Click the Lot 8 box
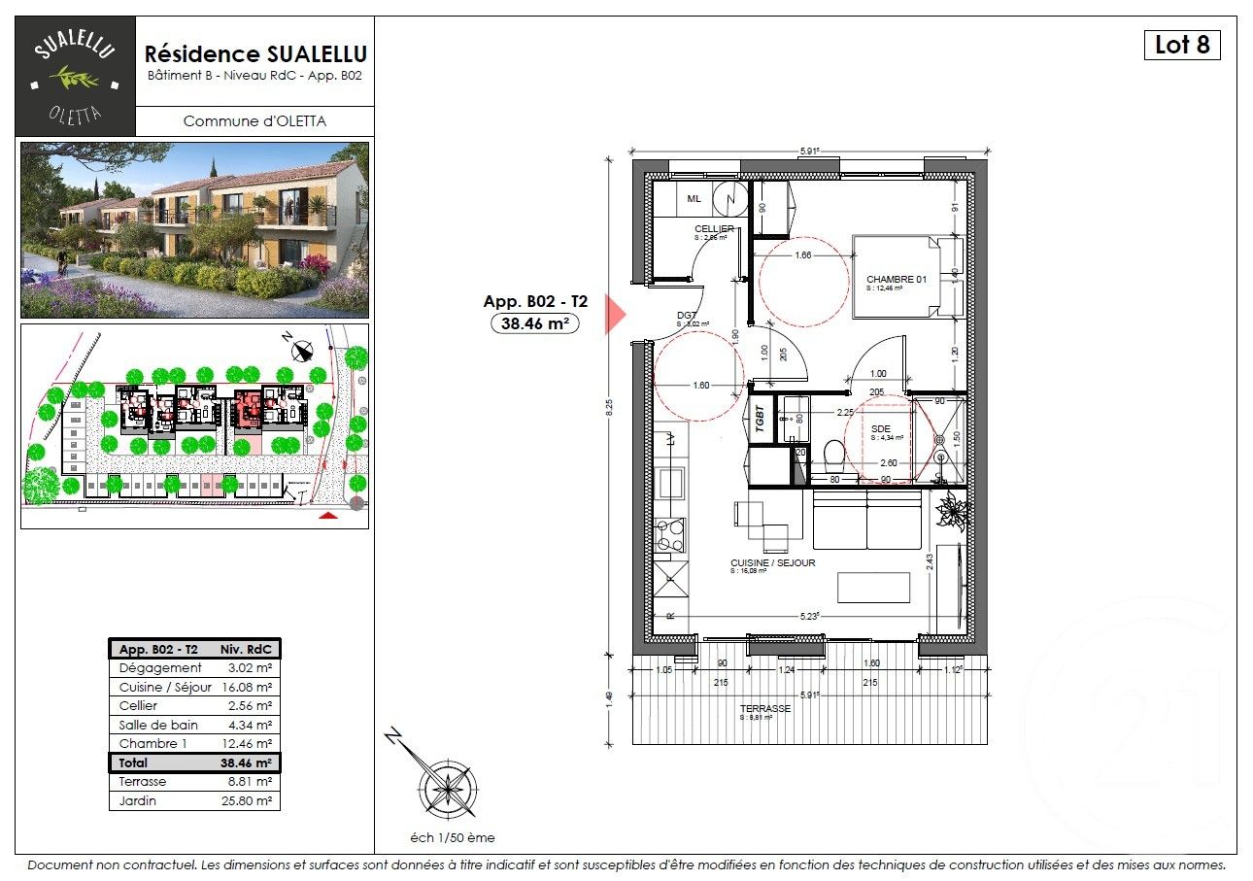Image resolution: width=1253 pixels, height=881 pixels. point(1181,45)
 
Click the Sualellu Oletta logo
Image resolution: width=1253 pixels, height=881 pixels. point(75,76)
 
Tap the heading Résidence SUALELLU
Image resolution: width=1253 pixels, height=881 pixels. point(255,53)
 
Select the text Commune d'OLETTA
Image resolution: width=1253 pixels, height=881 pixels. point(254,121)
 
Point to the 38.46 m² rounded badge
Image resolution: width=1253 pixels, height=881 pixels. point(535,323)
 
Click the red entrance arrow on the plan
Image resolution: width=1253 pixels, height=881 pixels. point(614,314)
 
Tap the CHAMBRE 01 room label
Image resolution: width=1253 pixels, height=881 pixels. point(897,280)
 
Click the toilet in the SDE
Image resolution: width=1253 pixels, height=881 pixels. point(832,455)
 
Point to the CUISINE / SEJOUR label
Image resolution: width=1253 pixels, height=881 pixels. point(772,562)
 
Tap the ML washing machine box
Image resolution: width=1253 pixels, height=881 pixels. point(694,198)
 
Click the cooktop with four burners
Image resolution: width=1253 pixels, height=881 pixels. point(670,536)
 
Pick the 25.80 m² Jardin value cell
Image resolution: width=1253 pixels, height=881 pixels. point(249,801)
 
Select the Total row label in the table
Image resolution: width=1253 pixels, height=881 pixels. point(133,763)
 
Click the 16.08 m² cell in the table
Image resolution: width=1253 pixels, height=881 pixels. point(249,687)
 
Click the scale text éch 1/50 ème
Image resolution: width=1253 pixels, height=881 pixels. point(452,837)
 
